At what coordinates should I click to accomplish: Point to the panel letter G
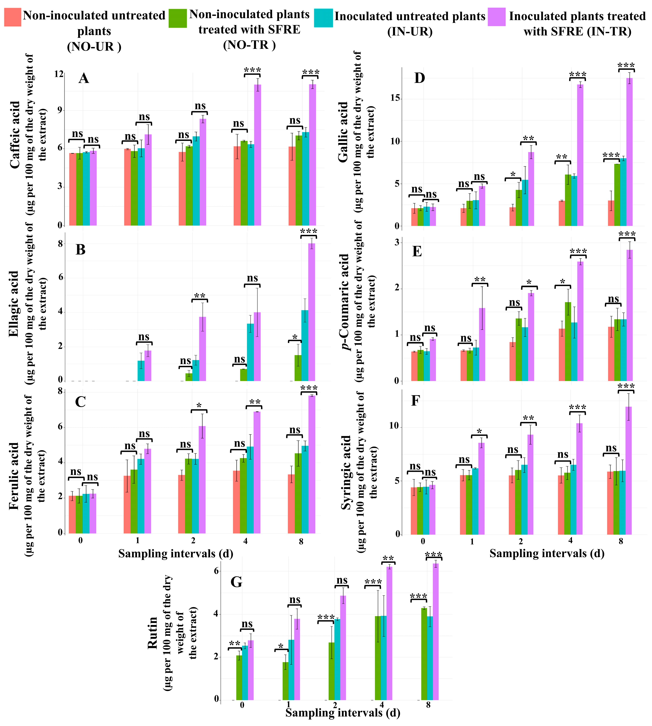tap(236, 582)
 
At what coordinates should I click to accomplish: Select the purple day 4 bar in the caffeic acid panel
tap(257, 155)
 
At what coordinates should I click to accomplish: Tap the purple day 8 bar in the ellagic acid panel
tap(312, 312)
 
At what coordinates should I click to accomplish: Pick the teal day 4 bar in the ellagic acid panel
tap(250, 352)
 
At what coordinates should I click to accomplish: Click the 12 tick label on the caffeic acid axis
tap(59, 74)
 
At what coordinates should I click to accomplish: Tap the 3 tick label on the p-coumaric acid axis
tap(397, 242)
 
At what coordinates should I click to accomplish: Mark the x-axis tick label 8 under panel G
tap(428, 705)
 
